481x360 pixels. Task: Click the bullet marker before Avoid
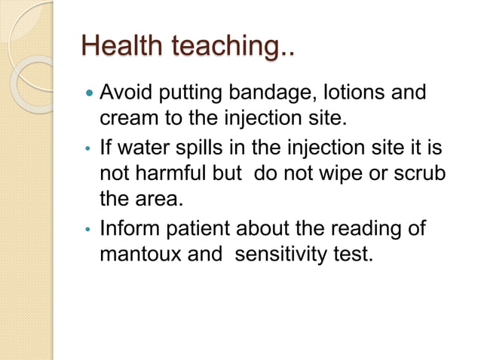[x=90, y=96]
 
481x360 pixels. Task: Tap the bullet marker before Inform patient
[x=90, y=227]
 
